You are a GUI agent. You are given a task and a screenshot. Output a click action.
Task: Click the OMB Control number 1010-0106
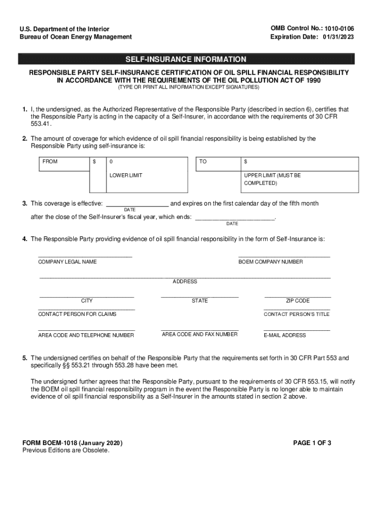(339, 29)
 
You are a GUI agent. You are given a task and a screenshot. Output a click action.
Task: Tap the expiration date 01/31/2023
(339, 37)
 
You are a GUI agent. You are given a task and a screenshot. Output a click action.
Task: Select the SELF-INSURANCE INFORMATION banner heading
(186, 59)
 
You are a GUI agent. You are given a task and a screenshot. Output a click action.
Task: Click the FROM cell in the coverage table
(50, 162)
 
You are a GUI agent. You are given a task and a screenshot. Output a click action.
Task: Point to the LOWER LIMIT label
(126, 176)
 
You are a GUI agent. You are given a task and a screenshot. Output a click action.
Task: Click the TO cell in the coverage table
(203, 162)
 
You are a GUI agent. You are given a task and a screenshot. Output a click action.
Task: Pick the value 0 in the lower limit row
(111, 162)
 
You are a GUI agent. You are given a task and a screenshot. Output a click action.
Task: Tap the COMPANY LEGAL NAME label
(67, 261)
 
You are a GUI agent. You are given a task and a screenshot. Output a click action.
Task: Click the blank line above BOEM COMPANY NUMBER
(284, 256)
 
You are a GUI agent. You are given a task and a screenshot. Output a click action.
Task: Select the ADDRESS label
(185, 281)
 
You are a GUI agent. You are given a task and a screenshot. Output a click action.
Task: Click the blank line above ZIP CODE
(297, 296)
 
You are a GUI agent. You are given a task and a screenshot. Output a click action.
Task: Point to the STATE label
(200, 301)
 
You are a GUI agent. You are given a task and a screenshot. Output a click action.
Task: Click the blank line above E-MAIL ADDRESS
(296, 329)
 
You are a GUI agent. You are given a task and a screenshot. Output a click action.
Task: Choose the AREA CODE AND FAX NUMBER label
(199, 334)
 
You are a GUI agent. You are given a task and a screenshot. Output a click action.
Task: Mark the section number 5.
(24, 358)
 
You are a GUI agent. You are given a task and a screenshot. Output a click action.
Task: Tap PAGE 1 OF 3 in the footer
(312, 443)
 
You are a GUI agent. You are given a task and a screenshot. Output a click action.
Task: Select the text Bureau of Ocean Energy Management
(76, 37)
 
